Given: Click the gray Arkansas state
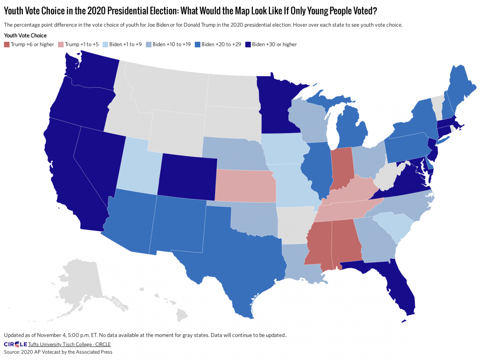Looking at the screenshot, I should click(x=295, y=223).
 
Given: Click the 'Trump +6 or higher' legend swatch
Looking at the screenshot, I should click(x=6, y=45).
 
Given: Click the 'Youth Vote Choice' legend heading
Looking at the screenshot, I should click(x=25, y=36).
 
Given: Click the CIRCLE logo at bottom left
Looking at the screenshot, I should click(x=15, y=344).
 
